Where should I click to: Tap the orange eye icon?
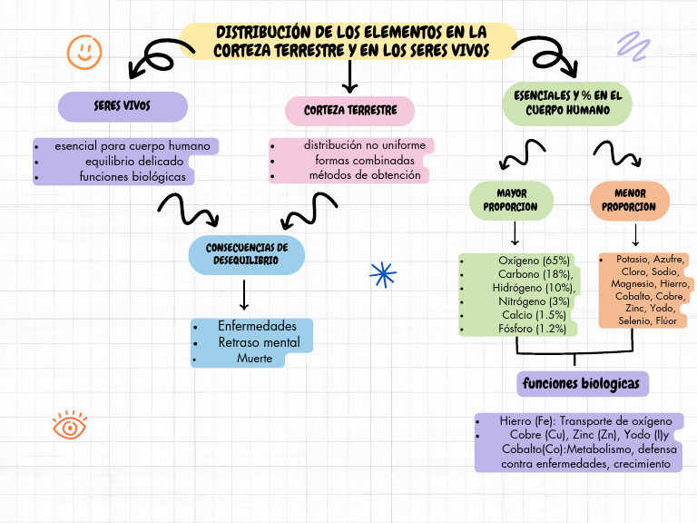(69, 425)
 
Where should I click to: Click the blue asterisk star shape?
(384, 274)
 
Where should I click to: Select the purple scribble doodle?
(628, 45)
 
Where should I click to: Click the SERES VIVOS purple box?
(123, 106)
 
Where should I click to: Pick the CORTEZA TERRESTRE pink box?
(350, 111)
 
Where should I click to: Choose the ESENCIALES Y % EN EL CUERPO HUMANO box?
(567, 104)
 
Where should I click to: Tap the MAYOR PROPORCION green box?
(511, 200)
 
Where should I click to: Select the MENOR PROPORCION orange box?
(630, 200)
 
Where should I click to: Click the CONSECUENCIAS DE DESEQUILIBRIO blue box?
(246, 253)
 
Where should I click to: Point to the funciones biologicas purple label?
(581, 384)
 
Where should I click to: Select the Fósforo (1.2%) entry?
(533, 328)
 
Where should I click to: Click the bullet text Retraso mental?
(258, 342)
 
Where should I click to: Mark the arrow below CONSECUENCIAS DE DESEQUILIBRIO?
(244, 296)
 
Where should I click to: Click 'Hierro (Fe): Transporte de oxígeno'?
(585, 421)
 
